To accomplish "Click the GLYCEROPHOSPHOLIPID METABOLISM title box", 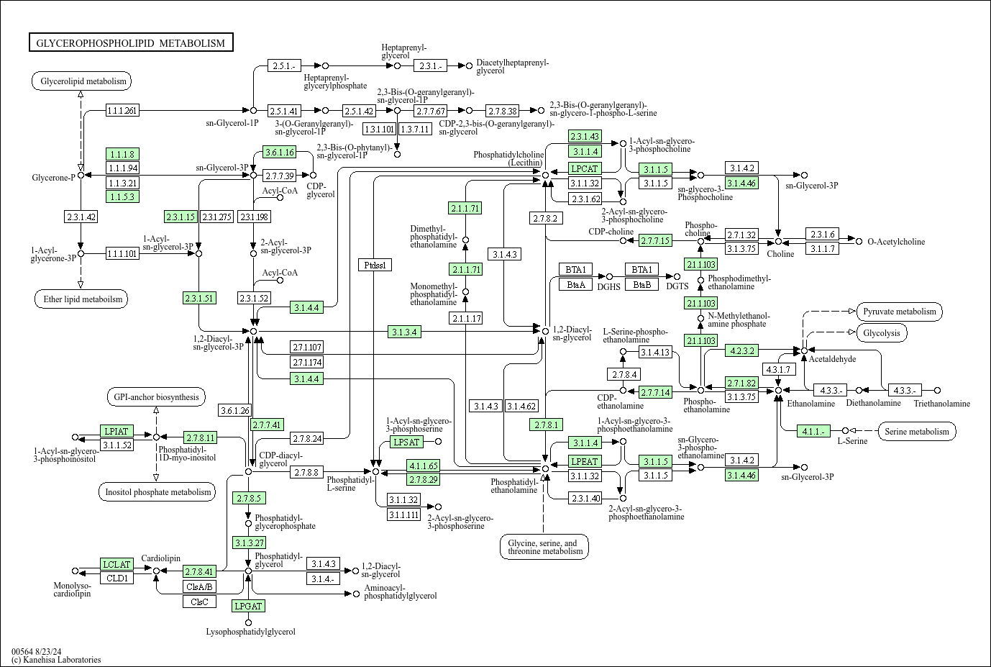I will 131,43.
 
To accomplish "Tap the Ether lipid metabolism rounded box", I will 80,299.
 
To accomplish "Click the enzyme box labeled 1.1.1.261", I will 122,110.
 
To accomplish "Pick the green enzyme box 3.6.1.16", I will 280,152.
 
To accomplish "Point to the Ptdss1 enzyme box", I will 375,265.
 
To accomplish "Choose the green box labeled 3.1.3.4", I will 405,332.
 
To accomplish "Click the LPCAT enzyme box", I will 584,168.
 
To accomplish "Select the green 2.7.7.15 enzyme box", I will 654,240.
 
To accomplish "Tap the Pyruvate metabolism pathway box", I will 900,312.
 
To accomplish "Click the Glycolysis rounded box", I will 882,333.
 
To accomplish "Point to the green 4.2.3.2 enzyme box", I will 741,351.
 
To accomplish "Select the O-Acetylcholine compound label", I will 896,242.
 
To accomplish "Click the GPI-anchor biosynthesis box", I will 155,396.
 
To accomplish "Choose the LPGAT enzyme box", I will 248,606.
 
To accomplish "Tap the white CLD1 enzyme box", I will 117,578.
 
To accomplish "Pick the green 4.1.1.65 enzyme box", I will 423,466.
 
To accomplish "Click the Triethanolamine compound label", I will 941,404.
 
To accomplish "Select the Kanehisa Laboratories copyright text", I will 56,659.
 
